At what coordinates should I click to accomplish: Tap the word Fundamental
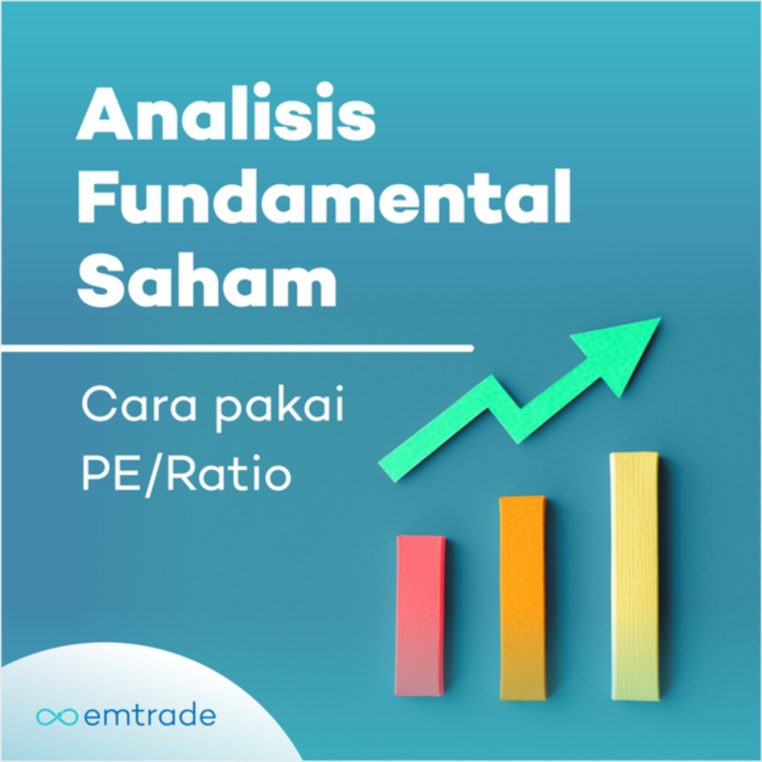(324, 196)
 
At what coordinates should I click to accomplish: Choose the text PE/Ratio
(186, 476)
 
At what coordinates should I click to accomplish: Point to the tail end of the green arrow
(387, 472)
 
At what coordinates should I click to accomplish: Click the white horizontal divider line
(237, 348)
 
